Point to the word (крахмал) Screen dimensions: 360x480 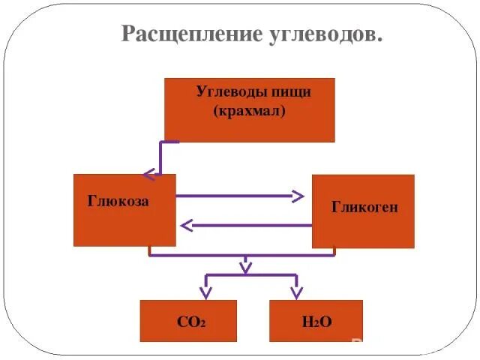pos(250,110)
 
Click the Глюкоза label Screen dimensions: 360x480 pos(118,202)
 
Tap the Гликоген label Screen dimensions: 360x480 pos(364,207)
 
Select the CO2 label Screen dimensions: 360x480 pos(191,322)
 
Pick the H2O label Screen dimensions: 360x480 pos(316,322)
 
